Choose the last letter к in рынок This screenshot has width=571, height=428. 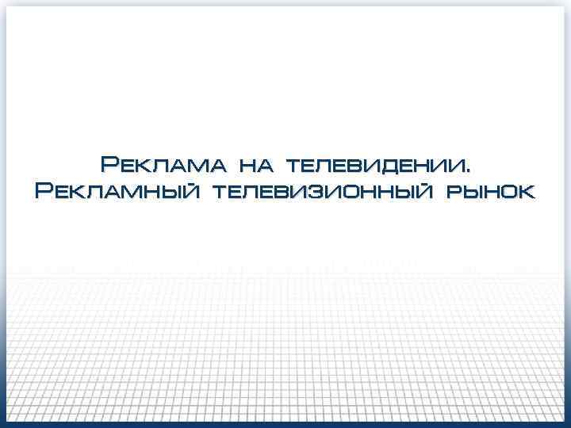coord(526,193)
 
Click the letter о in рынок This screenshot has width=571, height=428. coord(508,193)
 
